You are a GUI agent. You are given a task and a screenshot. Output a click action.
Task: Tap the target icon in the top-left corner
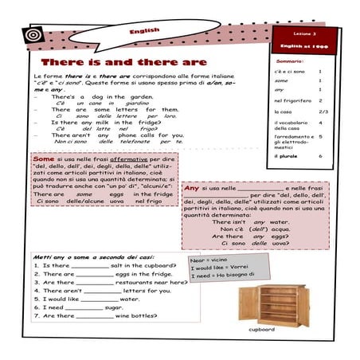point(34,36)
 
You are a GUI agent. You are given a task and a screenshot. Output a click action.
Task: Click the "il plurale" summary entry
point(288,156)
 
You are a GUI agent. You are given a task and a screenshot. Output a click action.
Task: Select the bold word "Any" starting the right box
point(191,188)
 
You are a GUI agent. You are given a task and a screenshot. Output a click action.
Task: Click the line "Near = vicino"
point(209,260)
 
